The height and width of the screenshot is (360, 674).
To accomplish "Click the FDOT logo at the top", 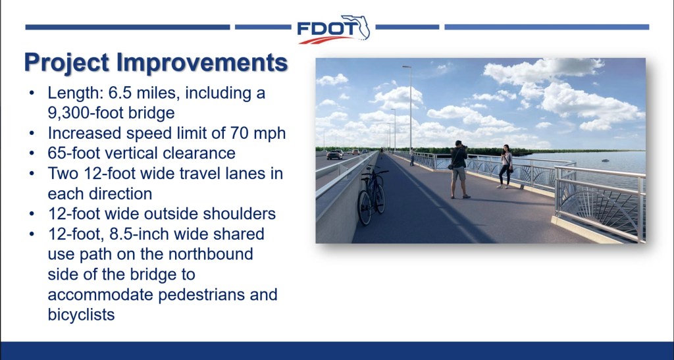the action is pyautogui.click(x=333, y=29).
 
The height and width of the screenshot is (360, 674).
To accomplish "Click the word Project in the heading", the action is pyautogui.click(x=66, y=63).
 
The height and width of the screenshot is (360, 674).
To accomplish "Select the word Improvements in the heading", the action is pyautogui.click(x=202, y=63).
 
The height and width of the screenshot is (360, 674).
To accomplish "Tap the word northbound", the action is pyautogui.click(x=211, y=254).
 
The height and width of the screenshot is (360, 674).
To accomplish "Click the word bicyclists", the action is pyautogui.click(x=81, y=315).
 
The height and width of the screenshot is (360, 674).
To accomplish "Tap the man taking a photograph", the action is pyautogui.click(x=459, y=169).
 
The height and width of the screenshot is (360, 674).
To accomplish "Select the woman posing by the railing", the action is pyautogui.click(x=505, y=167).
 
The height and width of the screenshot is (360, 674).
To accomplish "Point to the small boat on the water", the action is pyautogui.click(x=605, y=160).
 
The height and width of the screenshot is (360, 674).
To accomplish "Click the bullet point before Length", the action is pyautogui.click(x=32, y=93).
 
